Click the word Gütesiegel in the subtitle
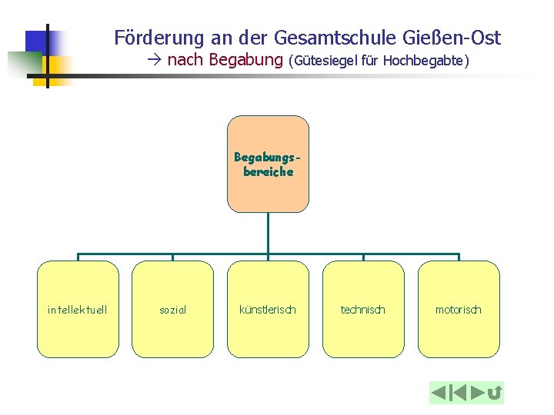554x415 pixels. click(325, 60)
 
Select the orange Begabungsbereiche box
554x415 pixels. click(268, 164)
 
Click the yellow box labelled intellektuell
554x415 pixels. click(78, 309)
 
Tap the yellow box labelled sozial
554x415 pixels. click(172, 309)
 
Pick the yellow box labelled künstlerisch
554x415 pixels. click(268, 309)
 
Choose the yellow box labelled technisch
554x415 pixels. click(363, 309)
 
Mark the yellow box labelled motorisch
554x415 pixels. click(459, 309)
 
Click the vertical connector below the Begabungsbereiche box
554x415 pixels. click(268, 232)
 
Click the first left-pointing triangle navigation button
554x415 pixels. click(439, 393)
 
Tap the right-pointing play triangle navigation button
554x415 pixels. click(478, 393)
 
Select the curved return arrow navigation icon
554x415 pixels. click(495, 393)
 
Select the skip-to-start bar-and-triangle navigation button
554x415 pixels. click(458, 393)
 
